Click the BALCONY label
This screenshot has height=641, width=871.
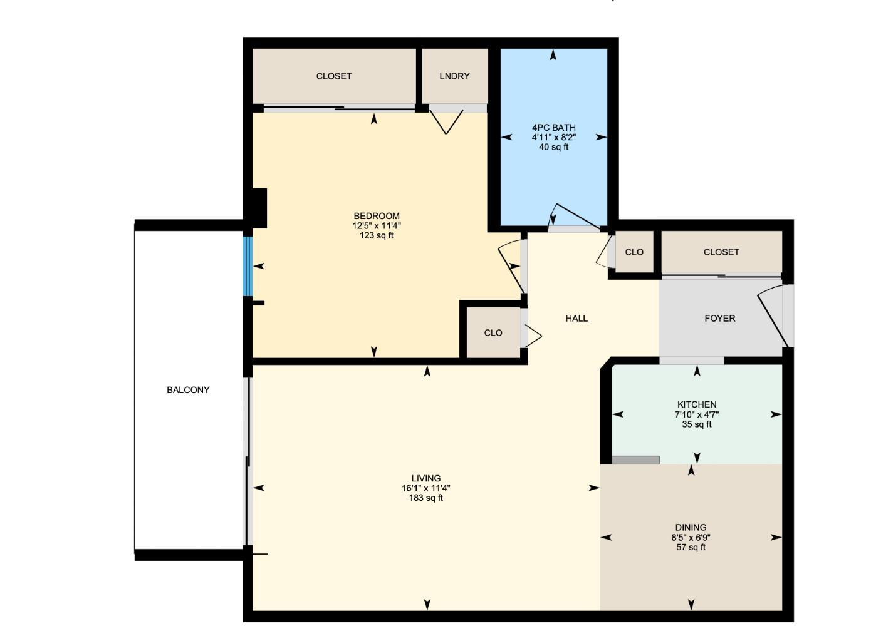pyautogui.click(x=188, y=390)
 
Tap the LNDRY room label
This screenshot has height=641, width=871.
pyautogui.click(x=454, y=76)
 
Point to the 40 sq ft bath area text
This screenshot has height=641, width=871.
pyautogui.click(x=553, y=147)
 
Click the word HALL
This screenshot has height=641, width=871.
pyautogui.click(x=576, y=319)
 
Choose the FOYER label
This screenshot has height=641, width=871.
pyautogui.click(x=719, y=319)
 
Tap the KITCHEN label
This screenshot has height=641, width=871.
pyautogui.click(x=696, y=404)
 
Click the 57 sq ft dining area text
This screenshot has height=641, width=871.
pyautogui.click(x=691, y=547)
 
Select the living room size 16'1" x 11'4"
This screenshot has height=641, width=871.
pyautogui.click(x=426, y=488)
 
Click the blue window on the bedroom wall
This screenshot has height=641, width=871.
pyautogui.click(x=248, y=266)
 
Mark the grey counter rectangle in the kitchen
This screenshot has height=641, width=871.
pyautogui.click(x=635, y=460)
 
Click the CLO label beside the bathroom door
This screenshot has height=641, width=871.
pyautogui.click(x=634, y=252)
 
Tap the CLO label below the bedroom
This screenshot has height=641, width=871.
pyautogui.click(x=493, y=333)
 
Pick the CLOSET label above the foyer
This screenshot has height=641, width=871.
pyautogui.click(x=721, y=252)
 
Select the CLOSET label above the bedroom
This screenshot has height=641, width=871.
pyautogui.click(x=334, y=76)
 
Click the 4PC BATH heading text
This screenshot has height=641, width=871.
pyautogui.click(x=553, y=128)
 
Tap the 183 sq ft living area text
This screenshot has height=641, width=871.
pyautogui.click(x=426, y=498)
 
